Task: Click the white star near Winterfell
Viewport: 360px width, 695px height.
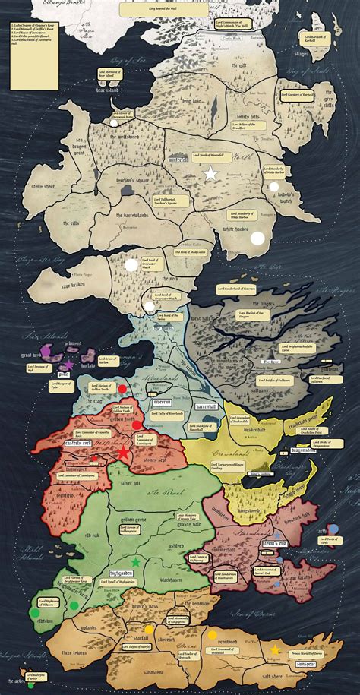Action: coord(210,173)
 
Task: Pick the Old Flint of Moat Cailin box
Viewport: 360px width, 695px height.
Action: coord(189,251)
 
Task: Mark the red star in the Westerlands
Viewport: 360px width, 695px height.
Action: coord(123,453)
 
